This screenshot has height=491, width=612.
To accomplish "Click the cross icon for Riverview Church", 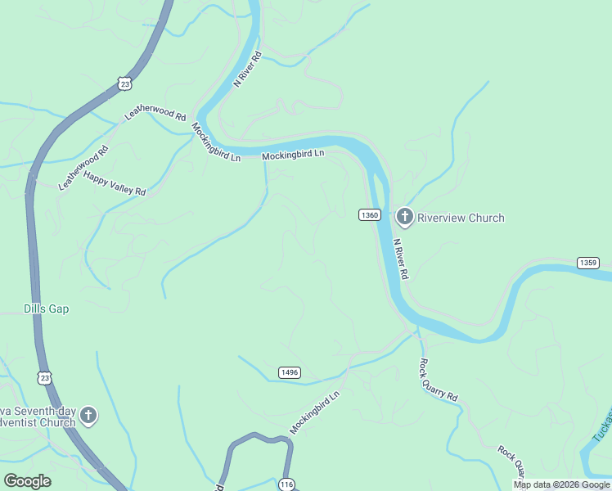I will click(x=404, y=217).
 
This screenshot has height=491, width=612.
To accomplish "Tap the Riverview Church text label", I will click(x=461, y=218).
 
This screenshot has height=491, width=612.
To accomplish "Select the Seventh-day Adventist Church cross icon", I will click(x=88, y=417).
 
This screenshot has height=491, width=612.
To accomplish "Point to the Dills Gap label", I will click(x=46, y=309).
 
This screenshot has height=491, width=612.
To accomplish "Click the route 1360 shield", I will click(x=369, y=214).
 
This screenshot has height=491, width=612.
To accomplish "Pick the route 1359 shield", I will click(x=588, y=263).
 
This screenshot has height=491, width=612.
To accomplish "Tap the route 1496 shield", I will click(x=289, y=372).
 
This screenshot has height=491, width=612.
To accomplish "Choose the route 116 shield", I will click(x=286, y=484).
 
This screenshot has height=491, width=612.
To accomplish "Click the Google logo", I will click(x=27, y=481).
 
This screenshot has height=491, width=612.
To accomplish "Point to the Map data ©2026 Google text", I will click(x=561, y=484).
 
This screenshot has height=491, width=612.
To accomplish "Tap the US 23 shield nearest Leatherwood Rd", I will click(x=124, y=83).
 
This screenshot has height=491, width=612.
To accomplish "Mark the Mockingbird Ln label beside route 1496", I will click(x=314, y=413).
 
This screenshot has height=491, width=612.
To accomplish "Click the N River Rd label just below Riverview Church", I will click(x=400, y=259).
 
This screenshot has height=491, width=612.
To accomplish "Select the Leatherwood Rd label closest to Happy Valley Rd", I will click(x=83, y=168).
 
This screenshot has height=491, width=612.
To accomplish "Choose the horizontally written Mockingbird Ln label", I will click(x=293, y=154).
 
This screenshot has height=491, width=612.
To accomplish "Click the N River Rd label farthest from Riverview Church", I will click(x=247, y=69).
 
